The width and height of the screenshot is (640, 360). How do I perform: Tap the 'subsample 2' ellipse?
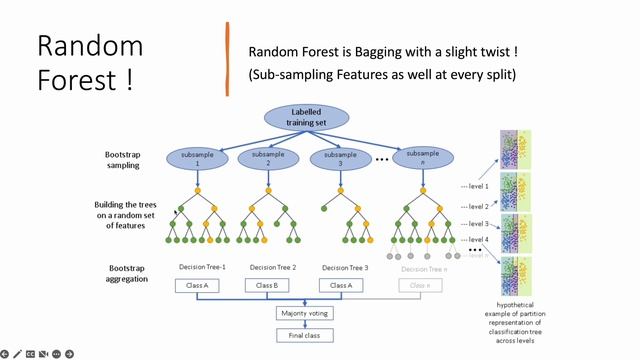coord(267,157)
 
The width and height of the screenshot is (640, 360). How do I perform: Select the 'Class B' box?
coord(267,285)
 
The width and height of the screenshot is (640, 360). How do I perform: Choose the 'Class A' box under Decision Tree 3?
coord(341,285)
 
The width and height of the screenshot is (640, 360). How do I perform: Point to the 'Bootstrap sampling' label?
coord(128,160)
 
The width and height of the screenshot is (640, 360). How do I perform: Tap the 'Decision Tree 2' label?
coord(273,267)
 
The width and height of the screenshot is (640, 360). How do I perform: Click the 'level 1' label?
coord(476,185)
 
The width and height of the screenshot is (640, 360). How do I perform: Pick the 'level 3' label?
coord(476,224)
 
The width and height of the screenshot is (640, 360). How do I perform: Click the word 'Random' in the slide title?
coord(89,45)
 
